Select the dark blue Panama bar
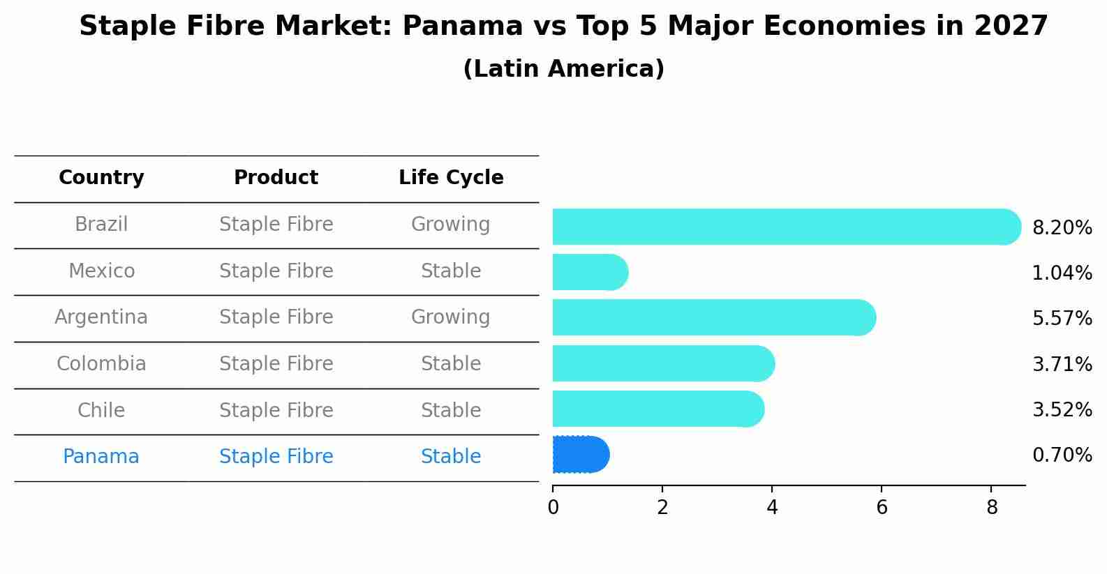tap(580, 455)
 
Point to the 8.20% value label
tap(1062, 228)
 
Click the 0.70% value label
tap(1062, 455)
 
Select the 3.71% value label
tap(1062, 364)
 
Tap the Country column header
tap(101, 178)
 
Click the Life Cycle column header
tap(451, 178)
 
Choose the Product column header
tap(276, 178)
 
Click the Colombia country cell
tap(101, 364)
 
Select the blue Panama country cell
tap(101, 457)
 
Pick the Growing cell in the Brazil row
tap(450, 225)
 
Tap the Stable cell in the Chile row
tap(450, 410)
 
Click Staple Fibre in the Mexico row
tap(276, 271)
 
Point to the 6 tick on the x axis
tap(882, 507)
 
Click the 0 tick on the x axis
tap(553, 507)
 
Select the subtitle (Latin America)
tap(563, 69)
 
